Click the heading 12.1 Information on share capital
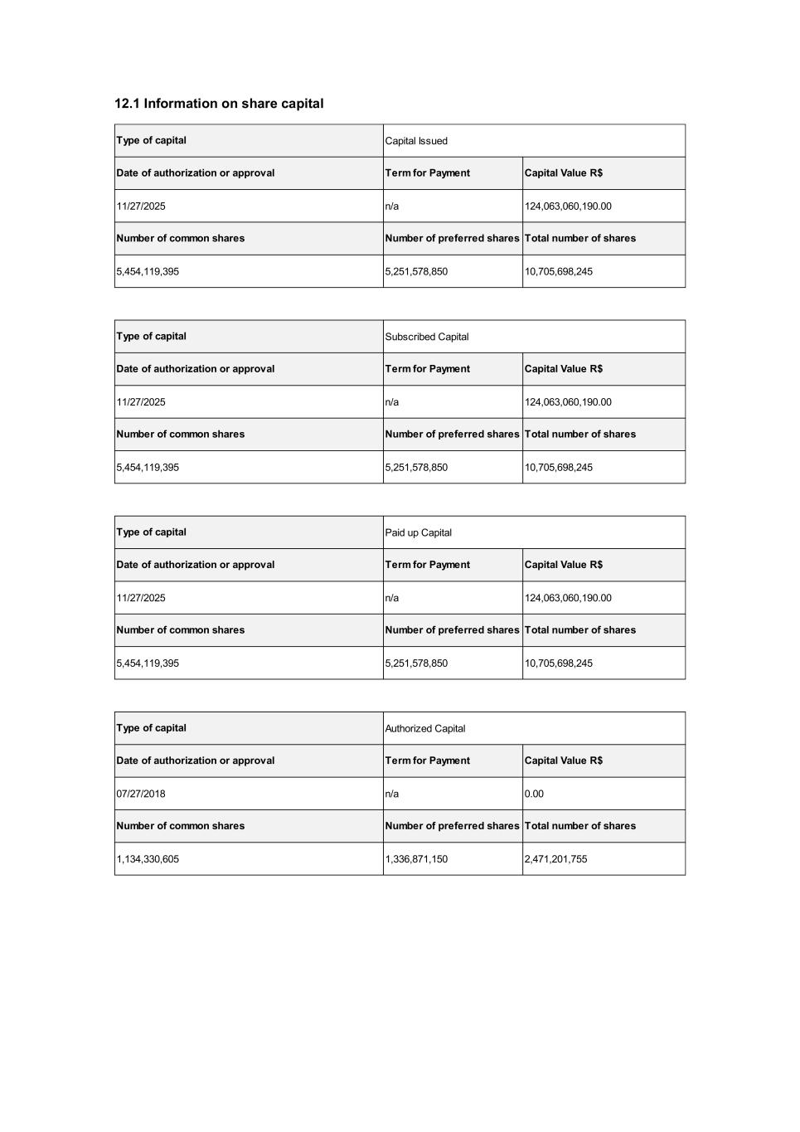pyautogui.click(x=219, y=104)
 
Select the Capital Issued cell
pyautogui.click(x=416, y=141)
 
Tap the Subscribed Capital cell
pyautogui.click(x=427, y=337)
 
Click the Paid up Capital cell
pyautogui.click(x=419, y=532)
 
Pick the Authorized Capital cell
pyautogui.click(x=425, y=728)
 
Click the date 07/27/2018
pyautogui.click(x=141, y=794)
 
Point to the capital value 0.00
pyautogui.click(x=535, y=794)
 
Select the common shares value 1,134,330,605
pyautogui.click(x=148, y=859)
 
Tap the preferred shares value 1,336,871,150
pyautogui.click(x=416, y=859)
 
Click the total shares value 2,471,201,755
pyautogui.click(x=556, y=859)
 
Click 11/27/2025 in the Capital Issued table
pyautogui.click(x=141, y=206)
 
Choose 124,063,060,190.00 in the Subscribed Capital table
pyautogui.click(x=568, y=402)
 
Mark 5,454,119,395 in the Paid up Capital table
pyautogui.click(x=148, y=663)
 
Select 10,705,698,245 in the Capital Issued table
pyautogui.click(x=559, y=271)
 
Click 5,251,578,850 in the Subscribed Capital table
pyautogui.click(x=416, y=468)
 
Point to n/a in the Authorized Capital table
pyautogui.click(x=392, y=794)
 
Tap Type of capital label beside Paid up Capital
pyautogui.click(x=152, y=532)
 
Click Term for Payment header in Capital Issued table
pyautogui.click(x=428, y=173)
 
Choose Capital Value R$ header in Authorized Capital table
pyautogui.click(x=564, y=760)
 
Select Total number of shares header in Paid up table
pyautogui.click(x=580, y=630)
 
